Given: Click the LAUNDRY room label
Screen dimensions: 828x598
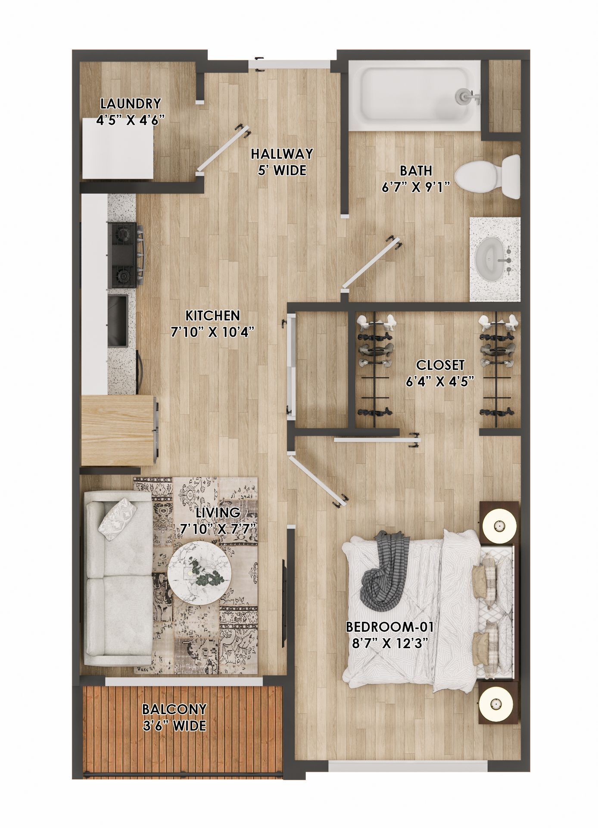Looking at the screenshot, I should [131, 103].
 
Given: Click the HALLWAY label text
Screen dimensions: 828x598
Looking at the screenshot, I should [282, 154].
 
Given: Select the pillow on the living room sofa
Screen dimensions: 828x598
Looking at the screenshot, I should [117, 519].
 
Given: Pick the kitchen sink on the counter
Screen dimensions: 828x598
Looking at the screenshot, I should [118, 320].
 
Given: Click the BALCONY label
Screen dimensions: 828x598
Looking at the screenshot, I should [174, 709].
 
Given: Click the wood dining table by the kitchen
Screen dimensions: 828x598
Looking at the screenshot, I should [118, 430].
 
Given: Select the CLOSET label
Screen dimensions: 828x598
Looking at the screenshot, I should [440, 365].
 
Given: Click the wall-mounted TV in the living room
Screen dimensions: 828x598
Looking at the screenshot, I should [285, 595].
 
